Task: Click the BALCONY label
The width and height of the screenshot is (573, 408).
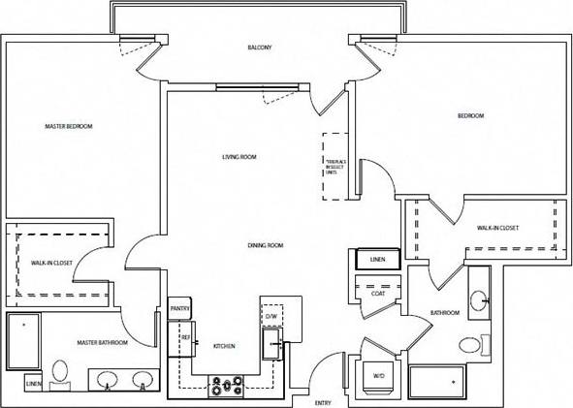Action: click(259, 47)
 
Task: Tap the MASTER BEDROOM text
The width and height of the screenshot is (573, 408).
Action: click(69, 126)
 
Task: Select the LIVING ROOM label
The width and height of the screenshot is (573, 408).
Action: click(239, 156)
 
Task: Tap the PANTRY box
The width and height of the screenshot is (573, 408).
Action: click(179, 309)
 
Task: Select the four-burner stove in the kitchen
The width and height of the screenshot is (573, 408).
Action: click(227, 388)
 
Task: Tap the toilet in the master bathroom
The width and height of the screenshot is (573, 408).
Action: click(59, 372)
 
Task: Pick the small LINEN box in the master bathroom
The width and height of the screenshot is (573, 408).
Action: click(33, 384)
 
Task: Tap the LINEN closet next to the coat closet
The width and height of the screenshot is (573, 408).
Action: click(378, 260)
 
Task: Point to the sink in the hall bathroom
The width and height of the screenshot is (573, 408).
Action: click(479, 301)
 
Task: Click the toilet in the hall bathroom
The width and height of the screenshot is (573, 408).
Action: click(470, 344)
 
